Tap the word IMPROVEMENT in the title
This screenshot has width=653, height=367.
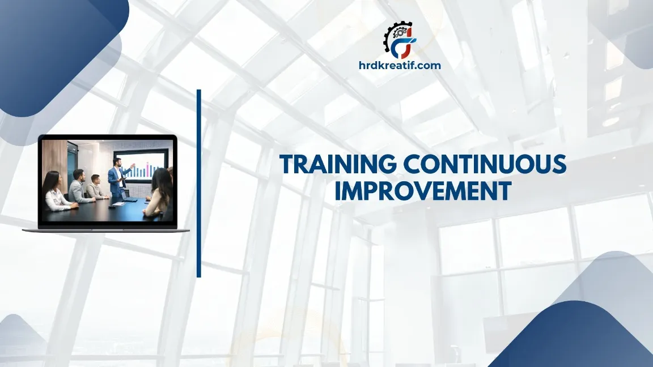click(x=422, y=191)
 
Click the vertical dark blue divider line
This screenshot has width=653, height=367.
click(x=199, y=183)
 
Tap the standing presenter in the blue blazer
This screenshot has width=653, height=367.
click(x=116, y=180)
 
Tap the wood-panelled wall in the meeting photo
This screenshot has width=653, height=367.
click(x=56, y=161)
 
